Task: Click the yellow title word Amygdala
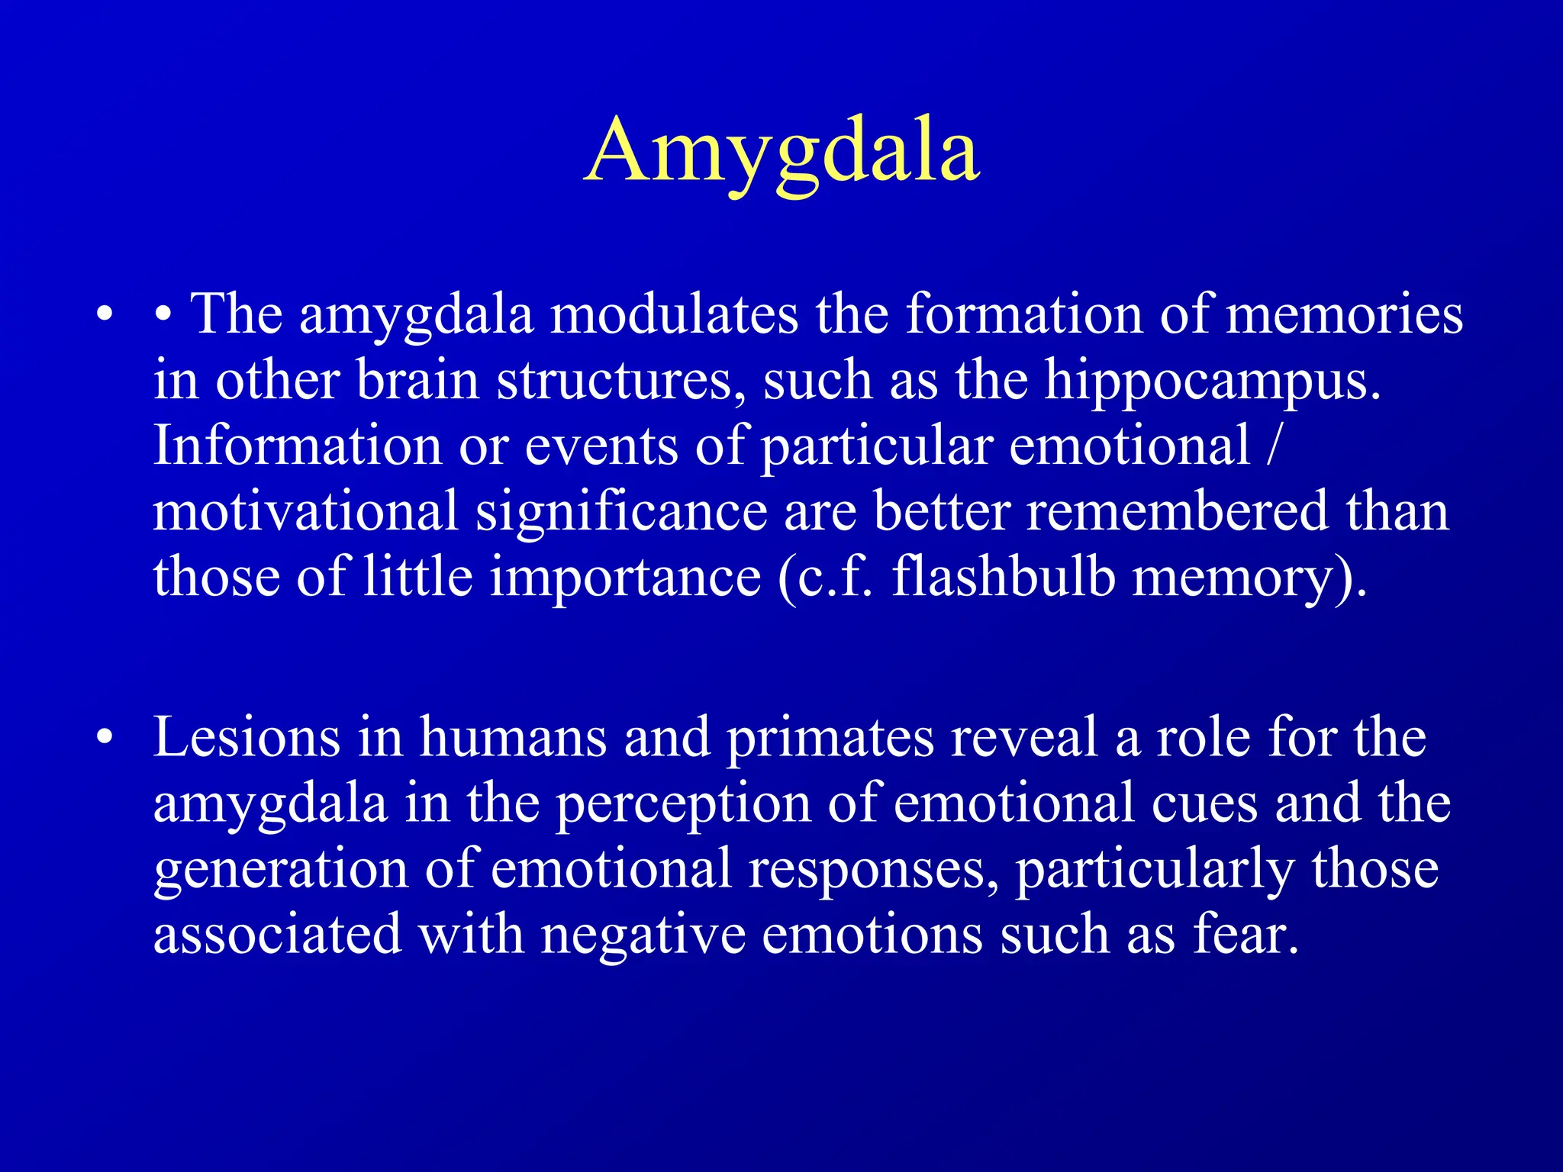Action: click(x=781, y=150)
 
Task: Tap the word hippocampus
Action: click(x=1212, y=381)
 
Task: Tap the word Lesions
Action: click(x=247, y=737)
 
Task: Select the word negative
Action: click(x=643, y=935)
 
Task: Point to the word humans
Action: click(x=513, y=737)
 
